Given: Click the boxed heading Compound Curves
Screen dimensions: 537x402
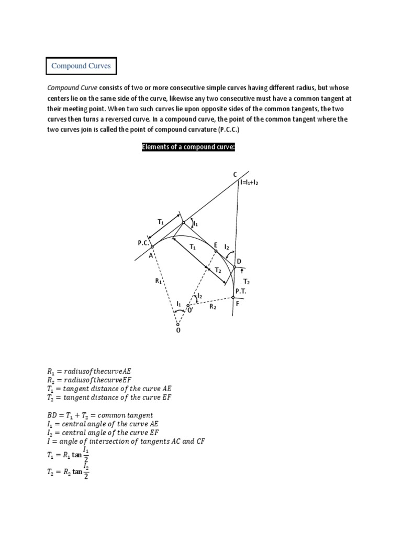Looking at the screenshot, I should [81, 67].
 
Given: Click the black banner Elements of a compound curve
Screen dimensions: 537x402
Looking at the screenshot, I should [188, 147].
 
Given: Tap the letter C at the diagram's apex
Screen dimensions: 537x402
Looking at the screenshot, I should [234, 174].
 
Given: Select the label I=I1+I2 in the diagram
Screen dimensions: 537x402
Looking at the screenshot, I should [249, 183].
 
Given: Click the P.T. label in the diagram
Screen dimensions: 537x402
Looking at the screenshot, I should [240, 290].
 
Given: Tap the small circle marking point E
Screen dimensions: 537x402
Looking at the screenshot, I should [216, 252].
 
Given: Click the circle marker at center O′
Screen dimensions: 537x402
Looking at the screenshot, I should [189, 306].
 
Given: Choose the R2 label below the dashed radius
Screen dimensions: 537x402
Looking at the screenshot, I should [213, 307].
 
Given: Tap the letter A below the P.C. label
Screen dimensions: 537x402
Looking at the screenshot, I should [151, 255].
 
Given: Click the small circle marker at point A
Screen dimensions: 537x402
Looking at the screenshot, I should [152, 246].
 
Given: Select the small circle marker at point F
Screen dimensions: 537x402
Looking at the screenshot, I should [233, 297].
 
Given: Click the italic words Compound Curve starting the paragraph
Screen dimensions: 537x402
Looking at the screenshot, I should [72, 88].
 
